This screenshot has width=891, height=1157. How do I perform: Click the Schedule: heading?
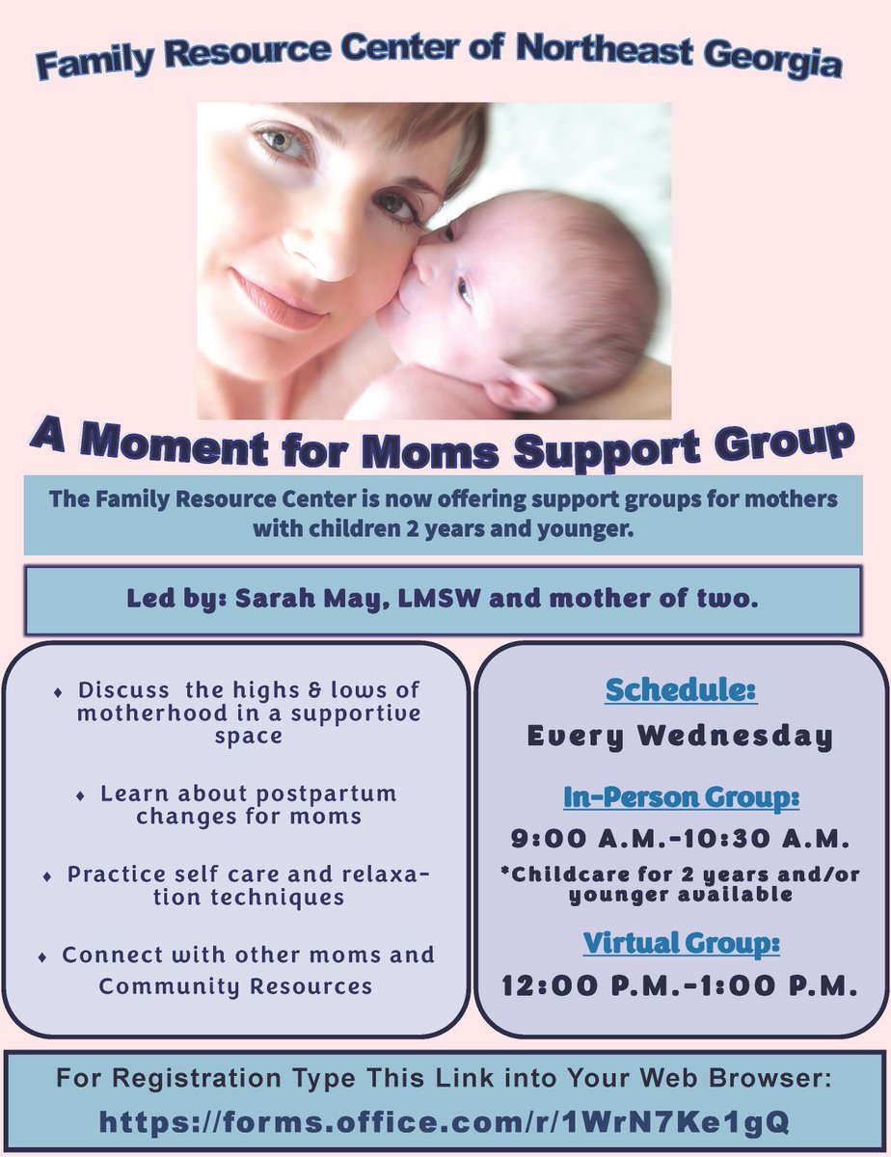click(x=681, y=690)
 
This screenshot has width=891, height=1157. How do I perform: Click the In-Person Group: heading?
click(x=681, y=798)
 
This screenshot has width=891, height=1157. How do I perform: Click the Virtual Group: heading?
click(x=681, y=942)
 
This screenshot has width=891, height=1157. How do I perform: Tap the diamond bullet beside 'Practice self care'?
click(x=47, y=877)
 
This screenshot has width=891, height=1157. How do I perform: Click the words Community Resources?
click(x=235, y=986)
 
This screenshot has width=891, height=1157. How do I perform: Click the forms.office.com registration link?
click(x=445, y=1120)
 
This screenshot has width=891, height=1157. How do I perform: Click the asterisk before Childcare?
click(x=504, y=876)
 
